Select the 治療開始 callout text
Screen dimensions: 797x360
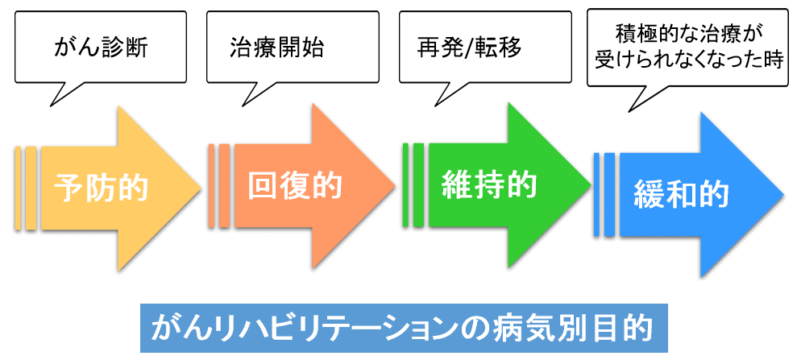pyautogui.click(x=277, y=48)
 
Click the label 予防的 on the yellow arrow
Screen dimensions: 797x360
pyautogui.click(x=102, y=188)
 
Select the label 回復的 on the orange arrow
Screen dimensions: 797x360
pyautogui.click(x=295, y=186)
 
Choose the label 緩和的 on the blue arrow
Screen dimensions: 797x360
pyautogui.click(x=681, y=194)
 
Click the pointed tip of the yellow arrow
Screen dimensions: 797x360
pyautogui.click(x=201, y=188)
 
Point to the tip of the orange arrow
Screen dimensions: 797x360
pyautogui.click(x=396, y=186)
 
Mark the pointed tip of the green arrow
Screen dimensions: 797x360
pyautogui.click(x=592, y=184)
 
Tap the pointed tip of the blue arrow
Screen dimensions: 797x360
pyautogui.click(x=784, y=195)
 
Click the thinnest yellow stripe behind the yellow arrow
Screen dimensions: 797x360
pyautogui.click(x=18, y=188)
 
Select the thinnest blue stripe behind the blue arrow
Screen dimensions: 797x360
pyautogui.click(x=596, y=195)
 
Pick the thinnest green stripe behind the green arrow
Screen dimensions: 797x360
pyautogui.click(x=405, y=184)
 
